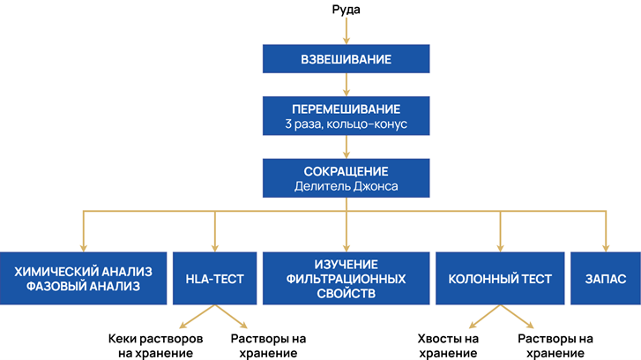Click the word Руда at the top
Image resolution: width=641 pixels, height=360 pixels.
tap(347, 10)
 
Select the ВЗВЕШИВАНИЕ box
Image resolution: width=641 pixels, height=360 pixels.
tap(347, 60)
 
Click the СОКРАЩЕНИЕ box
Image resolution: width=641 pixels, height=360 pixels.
tap(347, 177)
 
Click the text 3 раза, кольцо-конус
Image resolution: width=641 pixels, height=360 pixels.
tap(347, 125)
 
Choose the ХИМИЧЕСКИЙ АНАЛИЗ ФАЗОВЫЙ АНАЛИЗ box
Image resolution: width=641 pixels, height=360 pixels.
tap(83, 279)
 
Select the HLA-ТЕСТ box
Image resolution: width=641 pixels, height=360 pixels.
tap(215, 279)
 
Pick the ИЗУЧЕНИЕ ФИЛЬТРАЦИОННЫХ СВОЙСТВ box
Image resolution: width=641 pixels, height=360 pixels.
tap(347, 279)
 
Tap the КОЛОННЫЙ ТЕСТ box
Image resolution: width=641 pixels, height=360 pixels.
tap(500, 279)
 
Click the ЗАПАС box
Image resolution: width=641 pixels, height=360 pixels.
tap(605, 279)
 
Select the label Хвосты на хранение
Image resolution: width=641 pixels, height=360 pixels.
tap(447, 347)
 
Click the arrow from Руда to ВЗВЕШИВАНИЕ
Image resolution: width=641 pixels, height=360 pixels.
tap(347, 31)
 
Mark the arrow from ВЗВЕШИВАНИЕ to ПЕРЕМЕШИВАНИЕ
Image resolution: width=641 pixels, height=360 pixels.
tap(347, 85)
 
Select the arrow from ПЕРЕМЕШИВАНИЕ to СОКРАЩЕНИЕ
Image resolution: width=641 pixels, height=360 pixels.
tap(347, 147)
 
